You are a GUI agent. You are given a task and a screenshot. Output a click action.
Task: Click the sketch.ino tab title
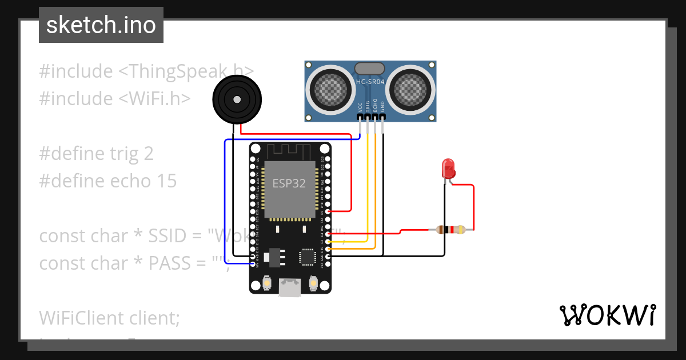(x=101, y=25)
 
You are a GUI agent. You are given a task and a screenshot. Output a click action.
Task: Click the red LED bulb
(x=449, y=168)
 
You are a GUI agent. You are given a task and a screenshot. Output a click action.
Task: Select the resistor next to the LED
(x=451, y=230)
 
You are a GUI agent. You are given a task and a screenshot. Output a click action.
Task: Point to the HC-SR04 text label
(x=370, y=82)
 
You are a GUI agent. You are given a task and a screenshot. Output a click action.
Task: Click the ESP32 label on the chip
(x=288, y=183)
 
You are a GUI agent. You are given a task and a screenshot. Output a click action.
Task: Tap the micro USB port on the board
(x=290, y=287)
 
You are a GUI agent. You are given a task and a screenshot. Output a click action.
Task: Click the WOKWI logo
(x=607, y=315)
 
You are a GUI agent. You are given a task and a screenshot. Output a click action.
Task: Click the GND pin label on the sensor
(x=382, y=106)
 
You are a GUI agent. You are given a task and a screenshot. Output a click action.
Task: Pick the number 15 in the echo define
(x=166, y=181)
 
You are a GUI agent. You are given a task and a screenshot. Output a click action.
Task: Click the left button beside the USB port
(x=266, y=282)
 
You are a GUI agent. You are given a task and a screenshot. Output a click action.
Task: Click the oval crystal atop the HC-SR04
(x=370, y=69)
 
